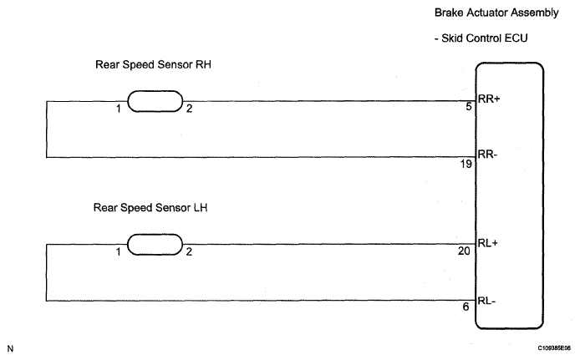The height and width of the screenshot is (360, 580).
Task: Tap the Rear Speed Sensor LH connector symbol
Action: [155, 245]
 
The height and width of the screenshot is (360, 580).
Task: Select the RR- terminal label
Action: [487, 154]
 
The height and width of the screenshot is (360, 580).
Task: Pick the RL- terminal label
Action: [486, 298]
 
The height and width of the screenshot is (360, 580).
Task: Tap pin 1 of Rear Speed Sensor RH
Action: [120, 109]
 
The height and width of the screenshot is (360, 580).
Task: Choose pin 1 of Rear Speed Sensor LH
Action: [120, 251]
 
